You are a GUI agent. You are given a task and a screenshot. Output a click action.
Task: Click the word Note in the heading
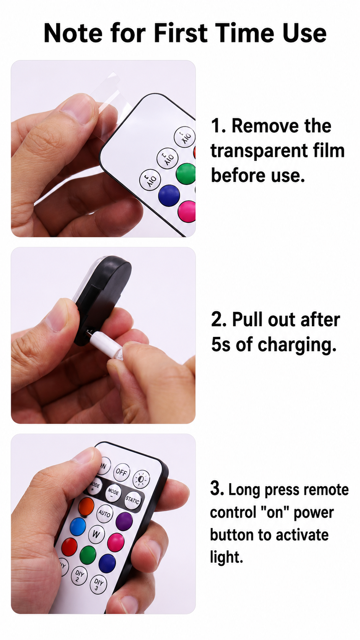click(x=73, y=33)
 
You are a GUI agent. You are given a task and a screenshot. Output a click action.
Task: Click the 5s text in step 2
click(x=221, y=344)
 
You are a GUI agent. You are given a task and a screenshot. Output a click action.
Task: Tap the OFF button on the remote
click(x=121, y=472)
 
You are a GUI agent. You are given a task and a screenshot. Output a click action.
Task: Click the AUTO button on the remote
click(x=105, y=513)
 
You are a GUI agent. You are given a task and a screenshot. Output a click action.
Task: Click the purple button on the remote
click(x=124, y=521)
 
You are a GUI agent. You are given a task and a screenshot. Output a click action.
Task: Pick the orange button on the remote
click(x=86, y=506)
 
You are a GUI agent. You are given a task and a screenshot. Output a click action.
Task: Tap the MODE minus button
click(x=113, y=493)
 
